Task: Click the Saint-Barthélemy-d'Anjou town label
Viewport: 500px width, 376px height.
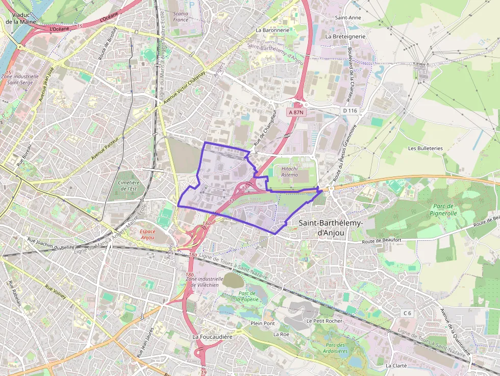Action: coord(331,228)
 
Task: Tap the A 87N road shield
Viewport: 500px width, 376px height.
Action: coord(296,112)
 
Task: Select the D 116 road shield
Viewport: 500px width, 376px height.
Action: coord(349,110)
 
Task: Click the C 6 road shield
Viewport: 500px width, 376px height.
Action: coord(407,313)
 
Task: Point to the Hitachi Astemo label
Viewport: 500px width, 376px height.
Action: coord(289,171)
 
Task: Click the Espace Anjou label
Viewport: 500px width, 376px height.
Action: coord(147,234)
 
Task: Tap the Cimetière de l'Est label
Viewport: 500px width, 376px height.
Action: coord(128,186)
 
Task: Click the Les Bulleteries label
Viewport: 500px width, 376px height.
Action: coord(426,148)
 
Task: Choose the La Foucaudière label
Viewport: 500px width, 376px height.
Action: coord(212,337)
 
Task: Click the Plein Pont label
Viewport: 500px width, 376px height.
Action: coord(263,323)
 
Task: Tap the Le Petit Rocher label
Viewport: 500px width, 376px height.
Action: coord(324,321)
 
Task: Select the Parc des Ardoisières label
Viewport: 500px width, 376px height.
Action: coord(336,347)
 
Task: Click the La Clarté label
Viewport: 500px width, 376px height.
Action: coord(396,366)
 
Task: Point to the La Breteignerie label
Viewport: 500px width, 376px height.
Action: coord(345,37)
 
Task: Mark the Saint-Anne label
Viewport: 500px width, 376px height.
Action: coord(347,18)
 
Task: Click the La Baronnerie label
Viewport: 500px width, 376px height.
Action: coord(272,30)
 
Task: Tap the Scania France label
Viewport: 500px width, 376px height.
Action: coord(181,17)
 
